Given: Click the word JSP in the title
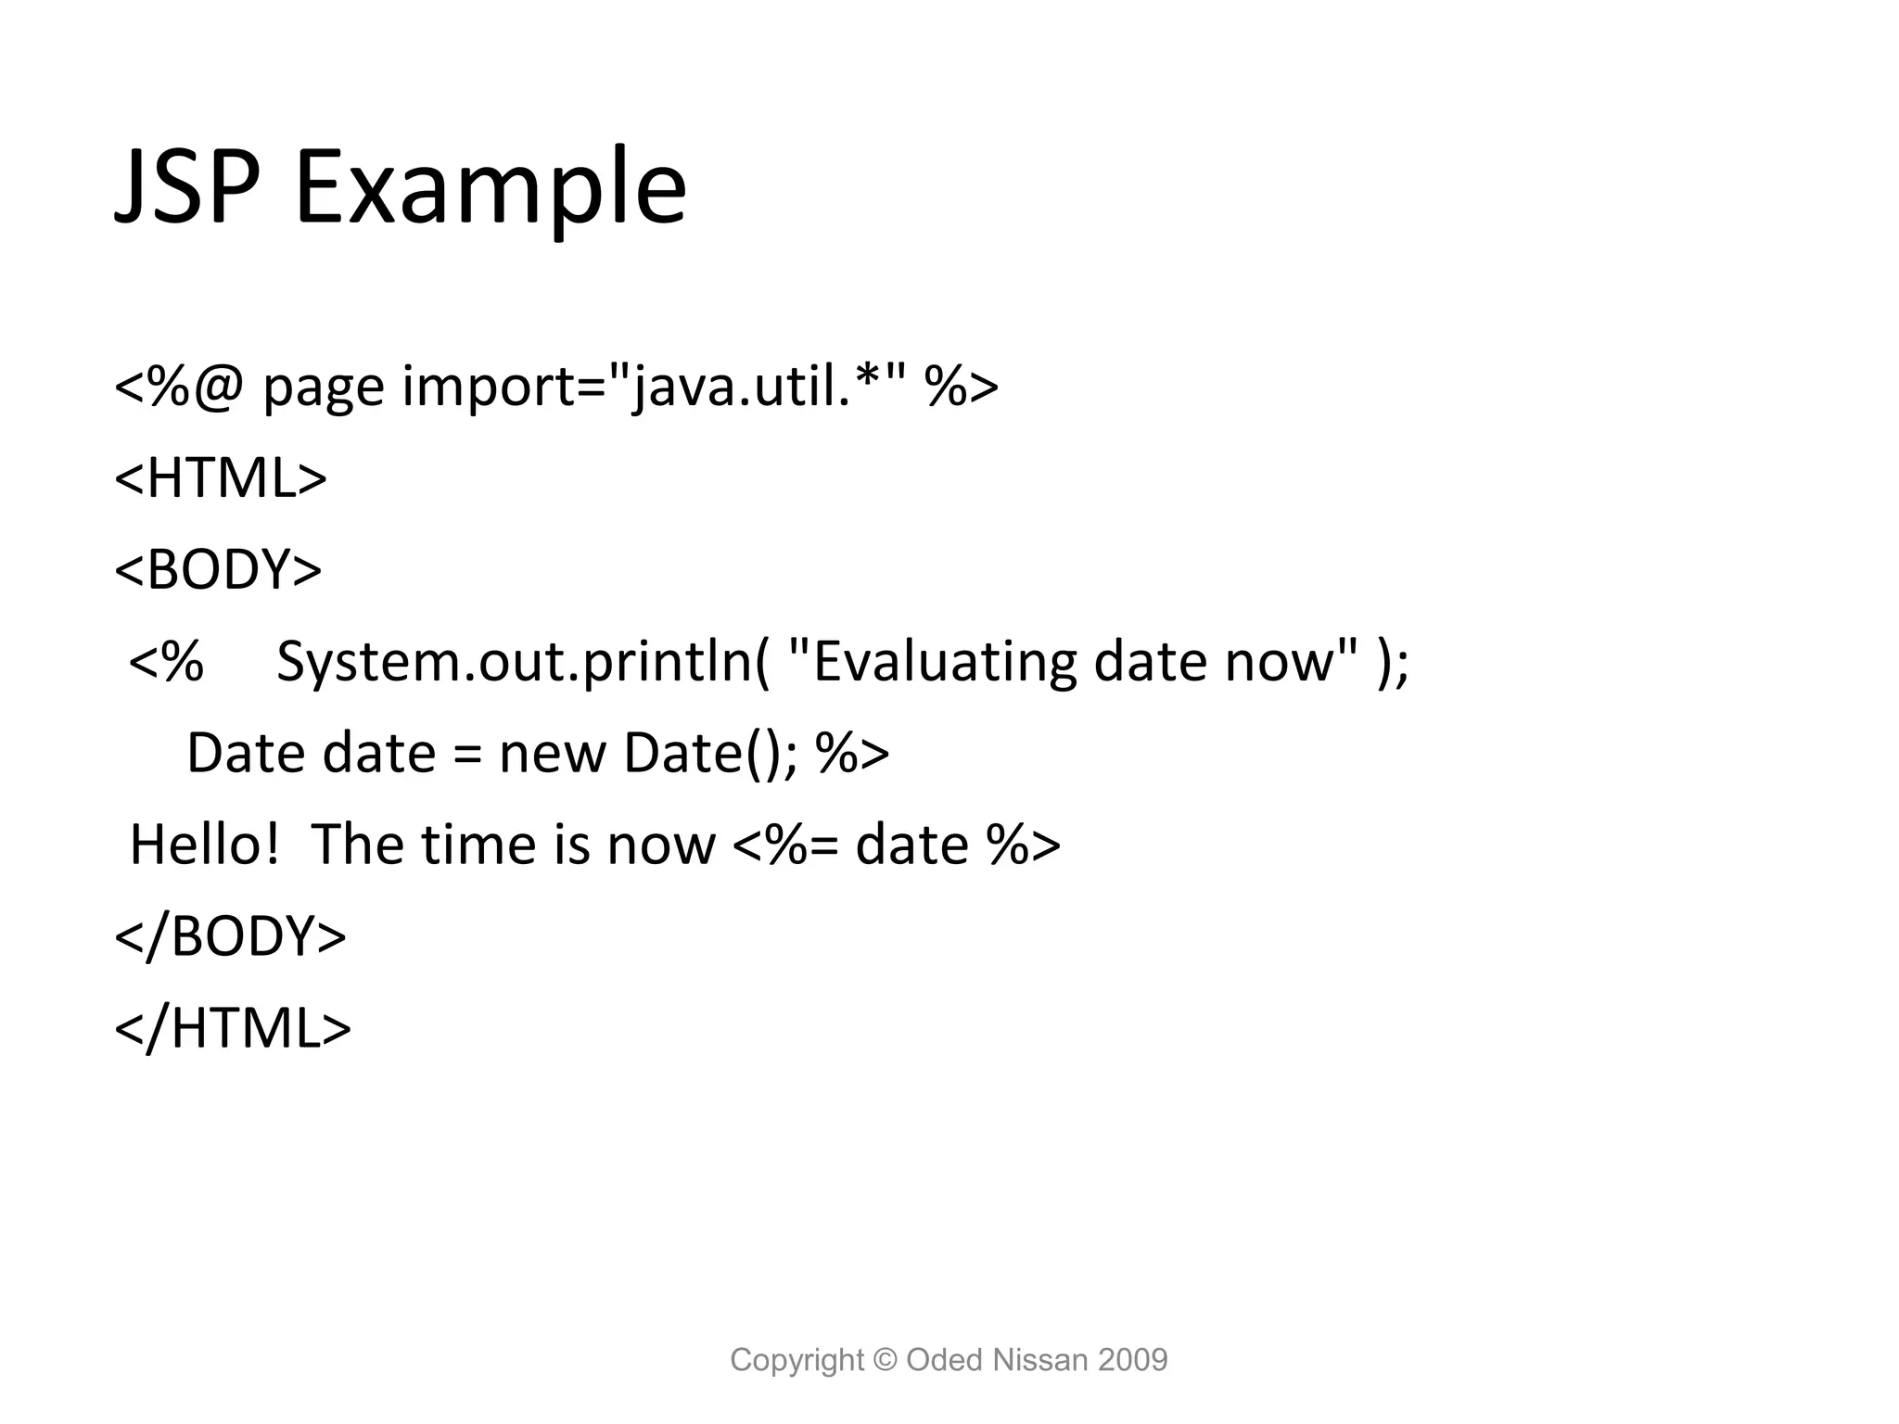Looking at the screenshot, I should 186,188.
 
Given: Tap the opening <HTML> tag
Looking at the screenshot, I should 221,478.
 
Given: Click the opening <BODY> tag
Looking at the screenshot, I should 218,569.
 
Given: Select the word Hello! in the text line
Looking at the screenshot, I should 205,845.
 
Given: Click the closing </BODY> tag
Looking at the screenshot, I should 230,936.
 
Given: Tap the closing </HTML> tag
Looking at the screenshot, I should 233,1028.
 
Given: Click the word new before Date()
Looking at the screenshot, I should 553,753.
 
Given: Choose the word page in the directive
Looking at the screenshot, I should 324,388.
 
